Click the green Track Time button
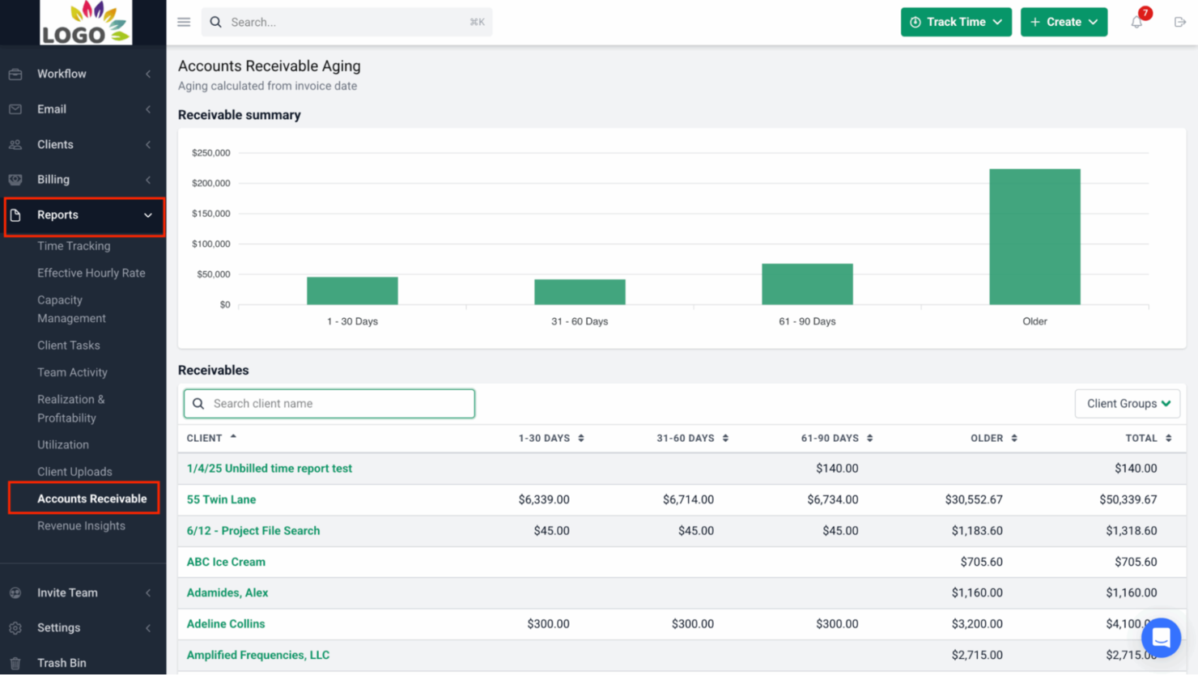click(955, 22)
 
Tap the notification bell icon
click(1136, 23)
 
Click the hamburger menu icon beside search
click(184, 22)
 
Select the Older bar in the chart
click(1034, 236)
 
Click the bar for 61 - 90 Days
click(807, 284)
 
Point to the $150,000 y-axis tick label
click(210, 214)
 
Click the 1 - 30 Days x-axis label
click(352, 321)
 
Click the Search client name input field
click(329, 404)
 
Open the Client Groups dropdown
click(1127, 404)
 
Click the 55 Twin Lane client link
click(221, 499)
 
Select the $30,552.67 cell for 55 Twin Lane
click(973, 499)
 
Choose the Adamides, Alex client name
click(227, 592)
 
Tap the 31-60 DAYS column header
click(685, 438)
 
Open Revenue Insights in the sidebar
click(81, 526)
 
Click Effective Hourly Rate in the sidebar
click(91, 273)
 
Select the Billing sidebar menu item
click(53, 180)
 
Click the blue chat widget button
click(1161, 638)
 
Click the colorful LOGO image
click(86, 23)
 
